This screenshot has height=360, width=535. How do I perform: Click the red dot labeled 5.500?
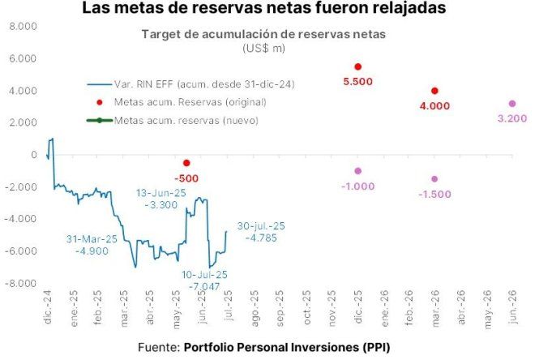358,66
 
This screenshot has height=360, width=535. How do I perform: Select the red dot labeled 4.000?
435,91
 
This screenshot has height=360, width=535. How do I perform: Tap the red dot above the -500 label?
187,163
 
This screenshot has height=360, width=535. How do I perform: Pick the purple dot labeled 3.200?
511,104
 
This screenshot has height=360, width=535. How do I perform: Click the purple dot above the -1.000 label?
358,171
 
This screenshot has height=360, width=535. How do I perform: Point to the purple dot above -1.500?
435,179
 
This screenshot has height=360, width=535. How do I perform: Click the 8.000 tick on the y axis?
23,27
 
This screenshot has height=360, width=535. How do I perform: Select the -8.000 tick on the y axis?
21,284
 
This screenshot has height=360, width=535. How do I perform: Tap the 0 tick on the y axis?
34,155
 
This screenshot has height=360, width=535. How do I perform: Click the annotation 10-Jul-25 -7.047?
205,281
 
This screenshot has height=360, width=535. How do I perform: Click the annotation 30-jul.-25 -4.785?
261,232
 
